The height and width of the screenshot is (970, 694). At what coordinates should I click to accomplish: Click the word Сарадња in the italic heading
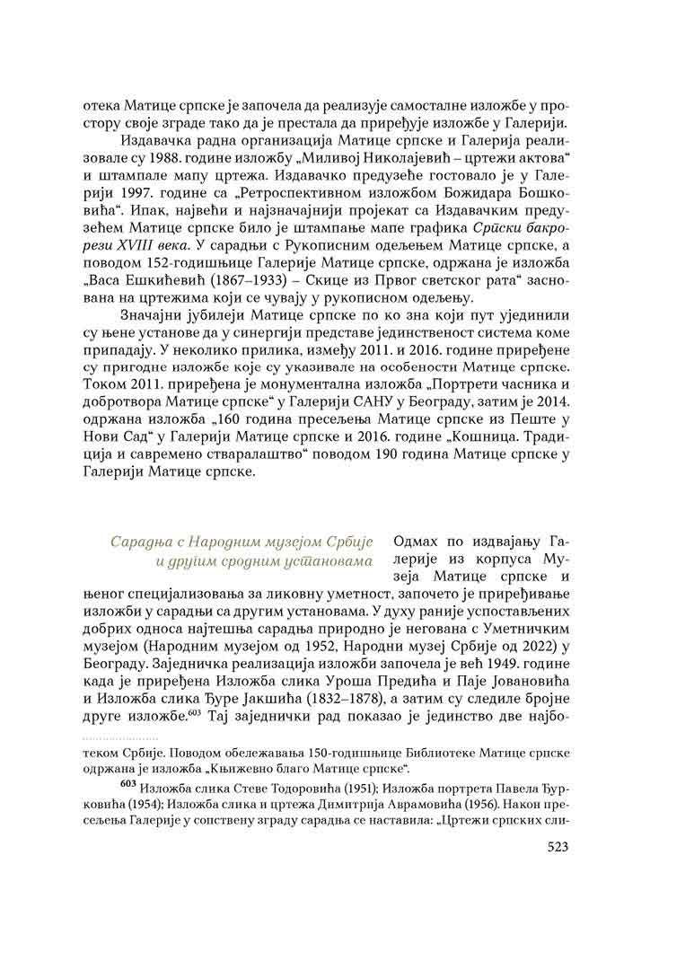coord(138,542)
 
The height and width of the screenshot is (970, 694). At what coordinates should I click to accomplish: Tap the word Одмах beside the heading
coord(420,542)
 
